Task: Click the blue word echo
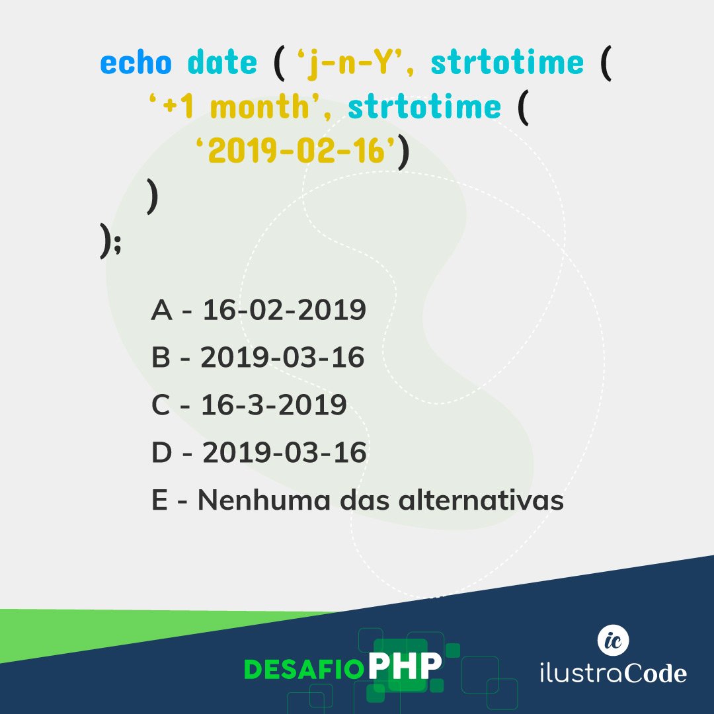[x=136, y=63]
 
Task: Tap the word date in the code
[x=222, y=63]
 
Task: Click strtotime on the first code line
[x=507, y=63]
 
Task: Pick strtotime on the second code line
[x=424, y=107]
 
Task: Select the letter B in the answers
[x=161, y=358]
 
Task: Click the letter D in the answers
[x=161, y=454]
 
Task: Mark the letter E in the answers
[x=159, y=501]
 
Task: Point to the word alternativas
[x=481, y=501]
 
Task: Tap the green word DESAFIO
[x=304, y=670]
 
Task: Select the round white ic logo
[x=613, y=639]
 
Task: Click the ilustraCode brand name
[x=613, y=673]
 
